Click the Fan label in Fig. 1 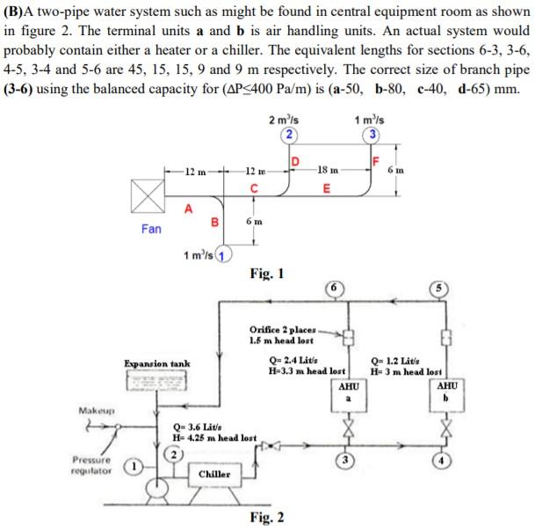point(151,229)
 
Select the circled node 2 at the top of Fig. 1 point(287,135)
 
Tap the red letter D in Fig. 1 point(295,161)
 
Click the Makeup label point(92,411)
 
